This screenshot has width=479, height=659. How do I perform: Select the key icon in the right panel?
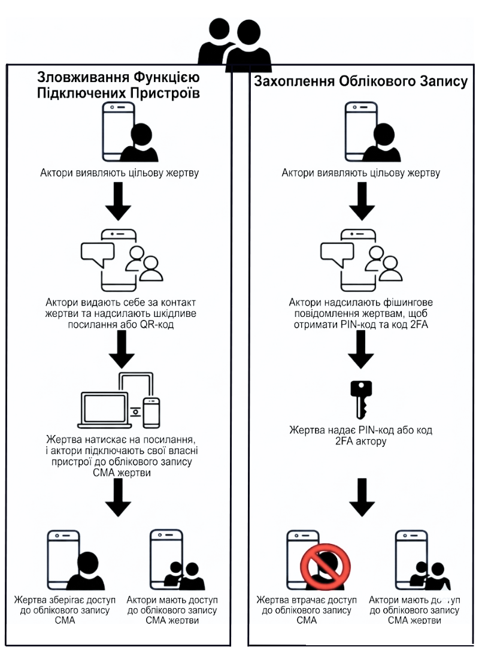click(361, 399)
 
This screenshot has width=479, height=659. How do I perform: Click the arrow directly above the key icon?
click(361, 351)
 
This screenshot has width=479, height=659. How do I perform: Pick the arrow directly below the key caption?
click(361, 496)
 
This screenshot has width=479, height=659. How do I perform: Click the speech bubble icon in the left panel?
click(96, 255)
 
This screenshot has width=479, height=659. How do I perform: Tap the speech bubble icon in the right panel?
click(337, 255)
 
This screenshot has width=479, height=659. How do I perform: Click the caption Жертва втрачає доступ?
click(307, 600)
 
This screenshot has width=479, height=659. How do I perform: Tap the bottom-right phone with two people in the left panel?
click(174, 560)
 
